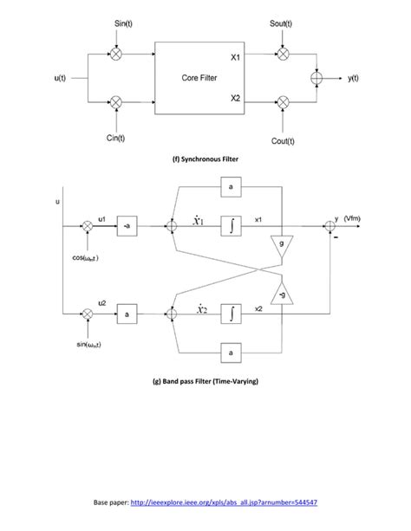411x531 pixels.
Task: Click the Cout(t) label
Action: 284,140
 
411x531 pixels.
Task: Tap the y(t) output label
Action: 355,78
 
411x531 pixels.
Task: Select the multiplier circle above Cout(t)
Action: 283,102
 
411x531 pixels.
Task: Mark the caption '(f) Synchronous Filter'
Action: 205,159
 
